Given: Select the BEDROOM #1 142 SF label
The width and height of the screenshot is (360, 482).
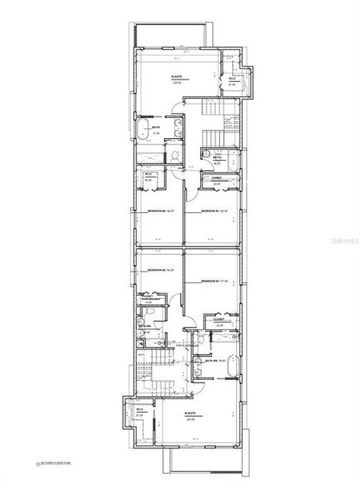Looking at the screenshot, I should pos(208,211).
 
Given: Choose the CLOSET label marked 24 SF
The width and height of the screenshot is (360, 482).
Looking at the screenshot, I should pos(217,180).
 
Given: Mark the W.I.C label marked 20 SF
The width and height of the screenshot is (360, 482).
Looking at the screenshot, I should pos(149,177).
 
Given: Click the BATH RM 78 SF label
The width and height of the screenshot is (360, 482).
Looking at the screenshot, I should pos(213,361).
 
